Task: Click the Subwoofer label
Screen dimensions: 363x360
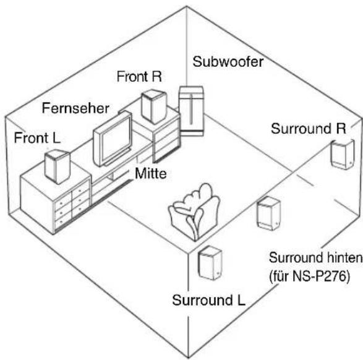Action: point(228,62)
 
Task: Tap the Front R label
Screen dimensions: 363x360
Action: point(139,77)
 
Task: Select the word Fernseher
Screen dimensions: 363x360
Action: point(75,108)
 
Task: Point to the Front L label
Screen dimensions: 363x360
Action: point(37,138)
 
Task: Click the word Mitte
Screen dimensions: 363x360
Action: point(151,173)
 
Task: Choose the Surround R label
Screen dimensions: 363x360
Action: point(309,129)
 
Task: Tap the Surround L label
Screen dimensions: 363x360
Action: point(208,300)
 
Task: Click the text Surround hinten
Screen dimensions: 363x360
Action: point(315,257)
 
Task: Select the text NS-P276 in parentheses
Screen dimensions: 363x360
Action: point(319,276)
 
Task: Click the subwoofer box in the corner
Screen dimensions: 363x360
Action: point(192,111)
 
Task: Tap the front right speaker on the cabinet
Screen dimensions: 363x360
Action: point(154,107)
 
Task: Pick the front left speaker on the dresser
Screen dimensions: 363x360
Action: point(57,166)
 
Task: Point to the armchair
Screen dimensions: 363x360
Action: point(194,212)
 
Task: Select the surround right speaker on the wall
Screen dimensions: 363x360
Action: point(343,154)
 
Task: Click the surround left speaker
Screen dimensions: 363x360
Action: point(210,263)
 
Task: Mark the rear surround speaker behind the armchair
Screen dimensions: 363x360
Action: point(269,213)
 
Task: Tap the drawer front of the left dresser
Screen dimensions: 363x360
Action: point(72,206)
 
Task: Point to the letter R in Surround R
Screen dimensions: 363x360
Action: point(341,129)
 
